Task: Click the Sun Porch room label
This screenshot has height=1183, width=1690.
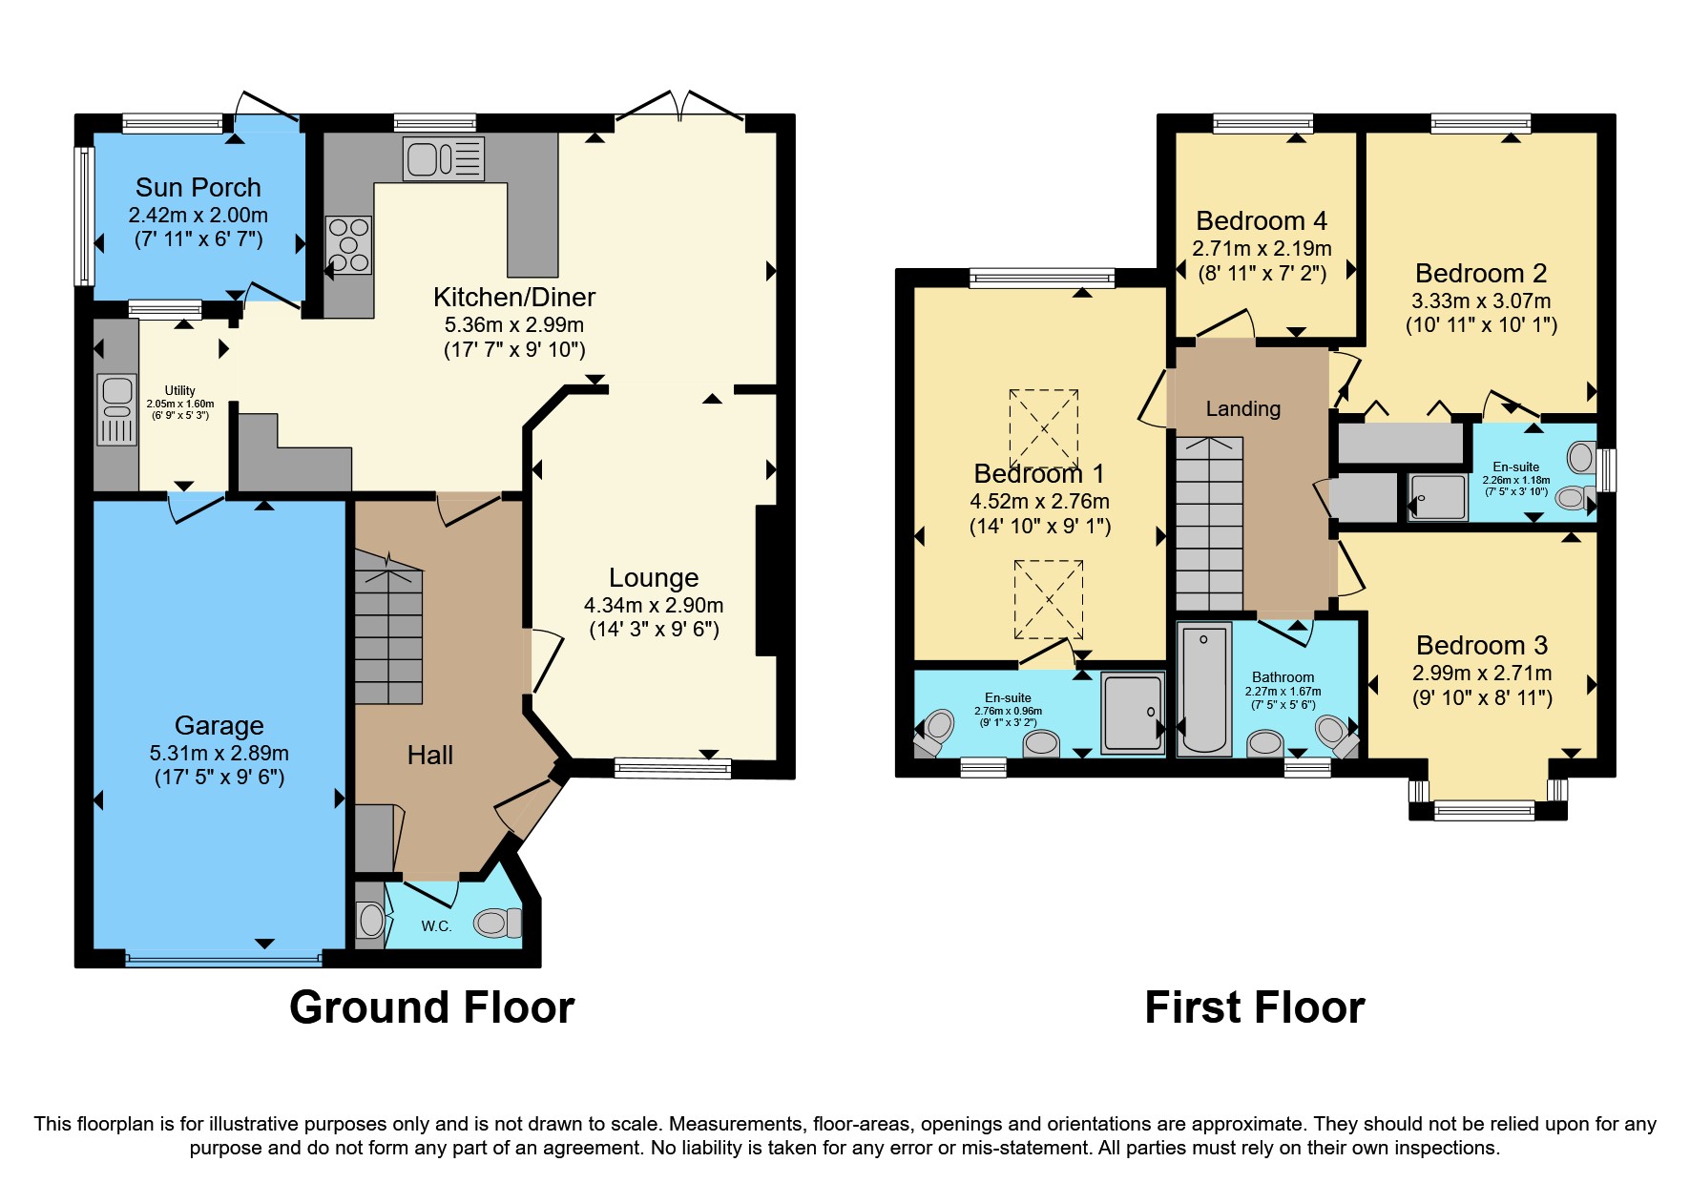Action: [x=198, y=187]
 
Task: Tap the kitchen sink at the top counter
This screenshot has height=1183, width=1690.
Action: [x=444, y=158]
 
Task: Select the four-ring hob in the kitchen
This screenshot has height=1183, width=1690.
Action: [x=348, y=245]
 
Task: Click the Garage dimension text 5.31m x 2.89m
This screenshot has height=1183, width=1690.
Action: [x=219, y=753]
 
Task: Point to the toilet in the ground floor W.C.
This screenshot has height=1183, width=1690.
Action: [x=497, y=923]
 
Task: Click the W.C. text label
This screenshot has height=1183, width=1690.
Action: [x=436, y=926]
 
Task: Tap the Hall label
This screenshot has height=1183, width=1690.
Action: [x=429, y=756]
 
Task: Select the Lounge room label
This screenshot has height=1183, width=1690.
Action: [x=654, y=578]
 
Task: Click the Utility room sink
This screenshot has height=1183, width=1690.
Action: [x=117, y=410]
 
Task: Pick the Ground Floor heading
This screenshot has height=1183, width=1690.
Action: [x=431, y=1007]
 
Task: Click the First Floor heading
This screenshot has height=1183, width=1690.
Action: [x=1254, y=1007]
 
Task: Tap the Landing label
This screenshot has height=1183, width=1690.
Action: [x=1242, y=409]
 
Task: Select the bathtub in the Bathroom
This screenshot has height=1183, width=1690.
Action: [x=1204, y=690]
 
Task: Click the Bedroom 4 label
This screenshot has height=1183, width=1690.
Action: [x=1261, y=221]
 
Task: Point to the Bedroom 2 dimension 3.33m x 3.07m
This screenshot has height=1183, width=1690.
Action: [x=1481, y=301]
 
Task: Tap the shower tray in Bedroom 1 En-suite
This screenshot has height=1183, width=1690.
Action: [x=1133, y=713]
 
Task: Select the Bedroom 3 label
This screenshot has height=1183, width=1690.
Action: [x=1481, y=646]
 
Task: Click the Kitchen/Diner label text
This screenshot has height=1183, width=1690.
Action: [x=514, y=298]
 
